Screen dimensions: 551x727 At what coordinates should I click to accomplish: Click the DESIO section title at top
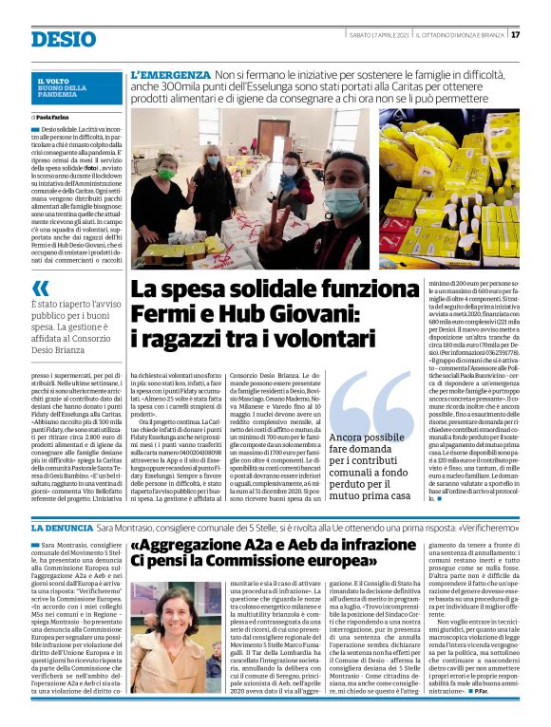point(64,39)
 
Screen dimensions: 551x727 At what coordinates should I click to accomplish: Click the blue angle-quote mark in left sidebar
point(40,289)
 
